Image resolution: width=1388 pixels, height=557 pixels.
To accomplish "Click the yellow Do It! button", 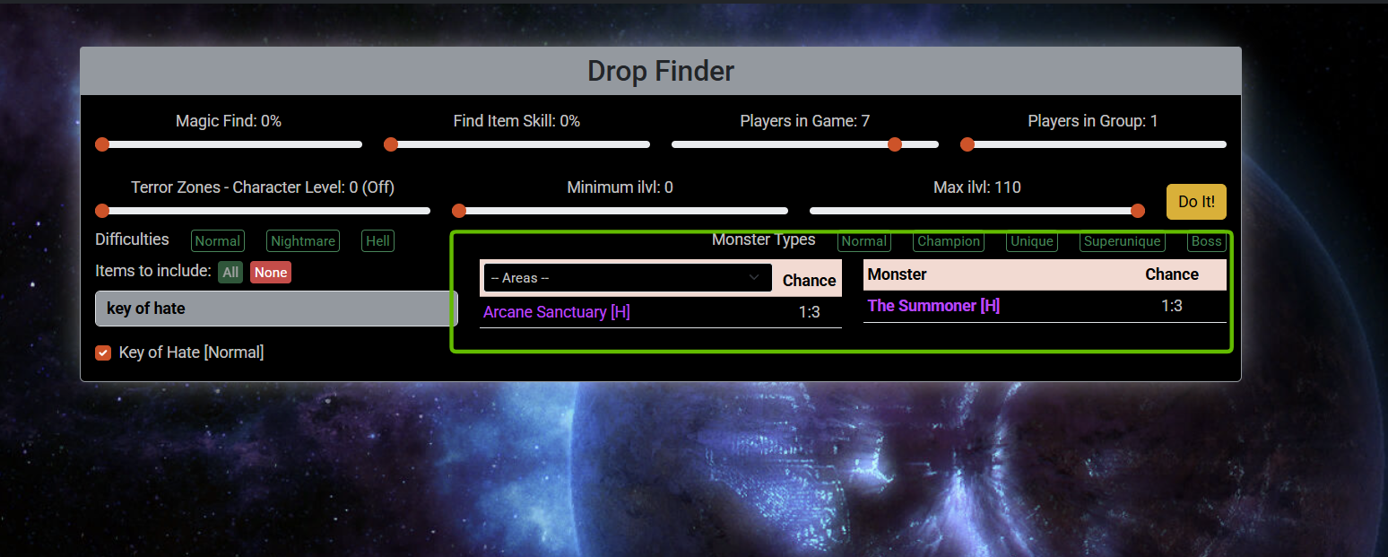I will pos(1196,202).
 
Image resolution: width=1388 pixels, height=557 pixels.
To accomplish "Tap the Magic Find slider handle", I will pos(102,144).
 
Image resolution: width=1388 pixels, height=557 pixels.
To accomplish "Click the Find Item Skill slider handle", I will pos(391,144).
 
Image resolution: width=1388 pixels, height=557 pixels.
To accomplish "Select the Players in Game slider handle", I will pos(894,144).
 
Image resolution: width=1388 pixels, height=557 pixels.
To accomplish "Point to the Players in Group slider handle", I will pos(967,144).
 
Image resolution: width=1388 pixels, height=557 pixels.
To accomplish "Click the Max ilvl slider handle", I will pos(1138,211).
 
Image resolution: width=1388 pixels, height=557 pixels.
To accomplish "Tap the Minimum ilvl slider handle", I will pos(459,211).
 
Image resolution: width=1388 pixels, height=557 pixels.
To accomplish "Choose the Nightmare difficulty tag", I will pos(303,241).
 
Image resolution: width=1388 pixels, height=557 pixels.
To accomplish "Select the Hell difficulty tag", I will pos(377,241).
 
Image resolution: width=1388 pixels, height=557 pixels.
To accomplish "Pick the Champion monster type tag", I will pos(948,241).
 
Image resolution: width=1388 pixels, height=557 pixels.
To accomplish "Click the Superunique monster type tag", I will pos(1122,241).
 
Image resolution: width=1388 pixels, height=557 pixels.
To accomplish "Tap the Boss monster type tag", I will pos(1206,241).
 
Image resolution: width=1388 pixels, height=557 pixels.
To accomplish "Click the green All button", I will pos(230,273).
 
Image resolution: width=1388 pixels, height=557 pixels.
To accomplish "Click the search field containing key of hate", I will pos(276,309).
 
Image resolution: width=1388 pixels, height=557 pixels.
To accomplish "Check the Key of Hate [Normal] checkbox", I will pos(103,352).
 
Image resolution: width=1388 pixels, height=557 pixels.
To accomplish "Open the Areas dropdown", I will pos(627,278).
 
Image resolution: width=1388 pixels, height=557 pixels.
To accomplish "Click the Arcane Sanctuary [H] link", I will pos(557,312).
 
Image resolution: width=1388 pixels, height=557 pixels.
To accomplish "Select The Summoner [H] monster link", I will pos(933,306).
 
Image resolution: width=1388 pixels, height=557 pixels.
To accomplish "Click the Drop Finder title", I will pos(661,71).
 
